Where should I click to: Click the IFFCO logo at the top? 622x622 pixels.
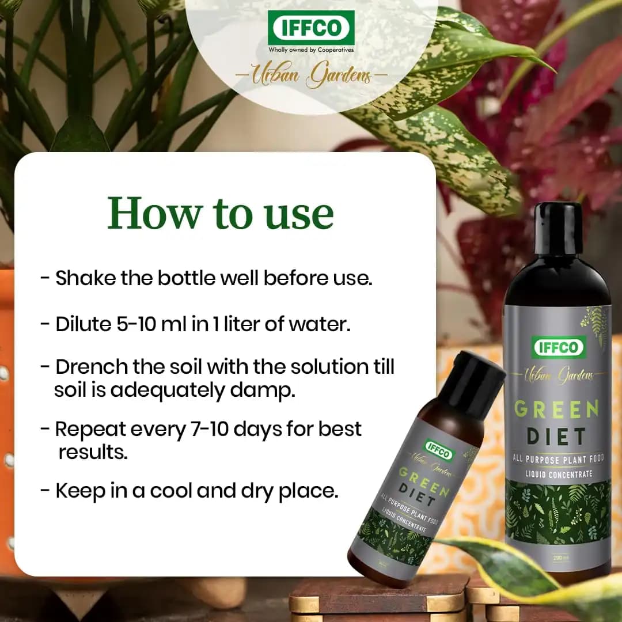pyautogui.click(x=311, y=26)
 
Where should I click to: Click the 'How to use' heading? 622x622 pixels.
pyautogui.click(x=221, y=213)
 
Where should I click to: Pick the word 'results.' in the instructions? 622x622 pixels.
pyautogui.click(x=93, y=452)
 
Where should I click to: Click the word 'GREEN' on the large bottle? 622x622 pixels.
pyautogui.click(x=556, y=409)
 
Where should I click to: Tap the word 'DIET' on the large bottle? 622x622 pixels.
pyautogui.click(x=557, y=436)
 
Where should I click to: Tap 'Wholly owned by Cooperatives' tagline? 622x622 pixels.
pyautogui.click(x=311, y=50)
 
